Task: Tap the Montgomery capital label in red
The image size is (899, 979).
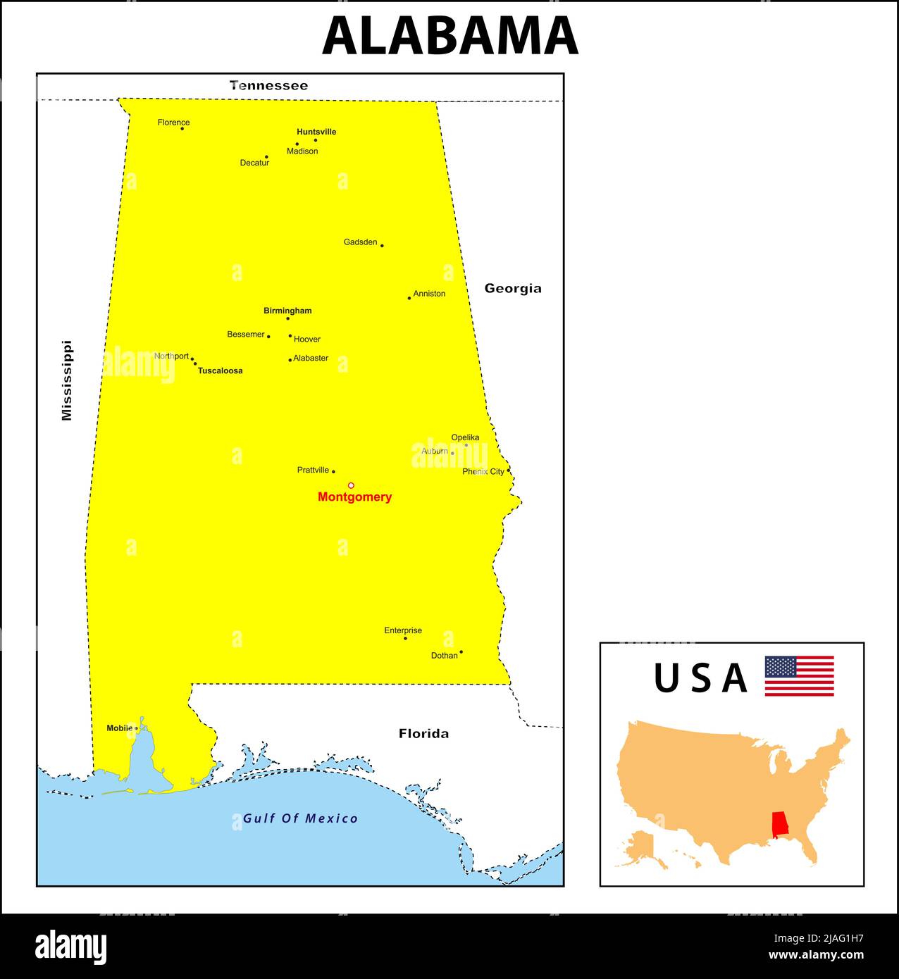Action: (354, 497)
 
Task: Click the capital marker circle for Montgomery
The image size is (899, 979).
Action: (351, 485)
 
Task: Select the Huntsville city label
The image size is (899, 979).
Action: (316, 132)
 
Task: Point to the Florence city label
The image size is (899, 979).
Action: (173, 123)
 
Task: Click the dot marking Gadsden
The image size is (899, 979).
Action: (382, 246)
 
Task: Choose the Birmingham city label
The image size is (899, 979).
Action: (287, 311)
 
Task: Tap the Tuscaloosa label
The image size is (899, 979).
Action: (220, 370)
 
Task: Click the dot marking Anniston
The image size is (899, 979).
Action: (409, 298)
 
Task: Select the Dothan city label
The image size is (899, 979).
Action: (444, 656)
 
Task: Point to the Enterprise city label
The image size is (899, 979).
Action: (403, 630)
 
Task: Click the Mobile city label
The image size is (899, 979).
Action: (119, 728)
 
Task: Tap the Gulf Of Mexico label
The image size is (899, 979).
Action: (300, 818)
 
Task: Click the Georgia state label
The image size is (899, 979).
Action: (513, 288)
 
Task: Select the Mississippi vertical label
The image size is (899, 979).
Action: (67, 381)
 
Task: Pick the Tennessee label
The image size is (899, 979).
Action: (268, 86)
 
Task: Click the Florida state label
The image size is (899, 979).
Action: (423, 734)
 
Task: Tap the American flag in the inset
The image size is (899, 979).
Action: (799, 676)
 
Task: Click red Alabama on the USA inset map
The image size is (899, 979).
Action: (780, 825)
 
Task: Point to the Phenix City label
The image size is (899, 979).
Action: (483, 472)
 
